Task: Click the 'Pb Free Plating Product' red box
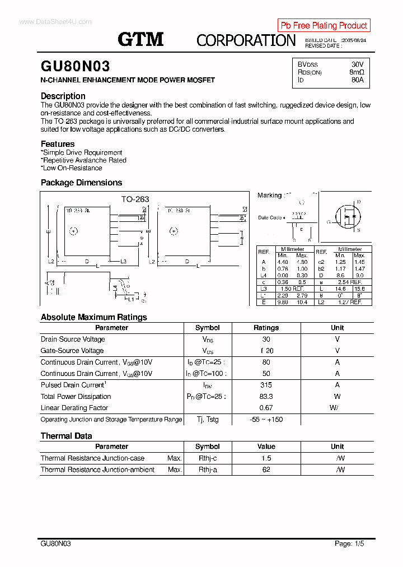click(324, 25)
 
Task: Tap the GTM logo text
click(140, 39)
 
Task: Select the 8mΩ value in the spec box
click(357, 72)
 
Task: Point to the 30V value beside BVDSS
click(357, 64)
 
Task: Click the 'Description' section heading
click(63, 96)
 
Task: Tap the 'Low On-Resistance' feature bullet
click(72, 168)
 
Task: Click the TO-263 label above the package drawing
click(135, 199)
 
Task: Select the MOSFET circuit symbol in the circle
click(348, 216)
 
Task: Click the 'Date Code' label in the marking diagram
click(270, 217)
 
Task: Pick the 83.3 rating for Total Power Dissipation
click(266, 397)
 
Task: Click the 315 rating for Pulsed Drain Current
click(266, 385)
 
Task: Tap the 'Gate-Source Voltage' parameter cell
click(72, 351)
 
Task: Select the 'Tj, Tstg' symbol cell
click(208, 420)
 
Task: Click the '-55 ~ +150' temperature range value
click(266, 420)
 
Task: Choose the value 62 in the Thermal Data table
click(266, 470)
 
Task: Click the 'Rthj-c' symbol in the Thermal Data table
click(208, 458)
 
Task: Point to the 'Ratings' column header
click(266, 328)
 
